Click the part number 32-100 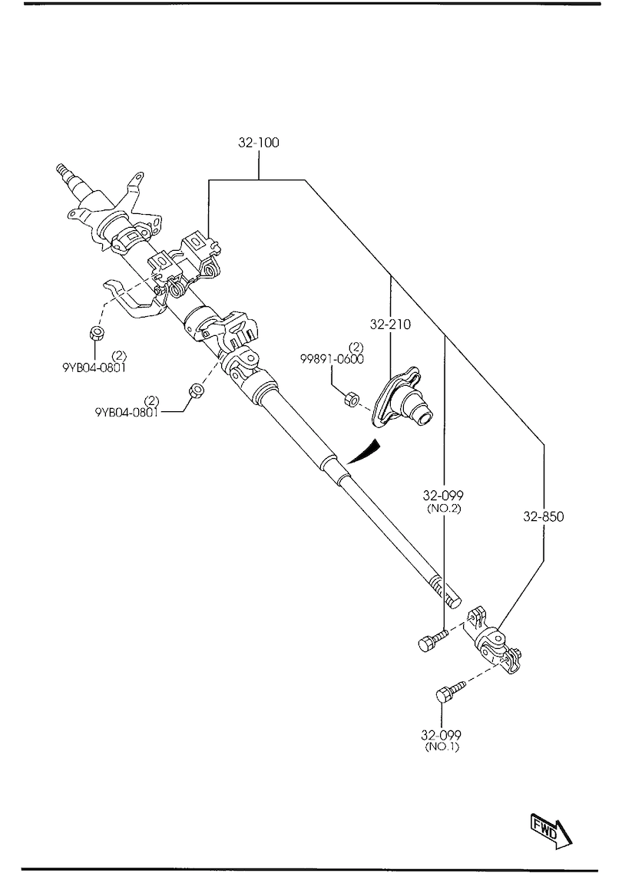coord(259,143)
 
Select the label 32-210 coord(390,324)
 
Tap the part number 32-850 coord(544,516)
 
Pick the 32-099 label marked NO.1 coord(442,735)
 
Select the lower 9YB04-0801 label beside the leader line coord(127,412)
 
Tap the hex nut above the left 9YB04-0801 coord(96,334)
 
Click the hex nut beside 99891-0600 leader coord(351,399)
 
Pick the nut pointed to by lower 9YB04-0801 coord(196,390)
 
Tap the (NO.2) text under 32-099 coord(444,509)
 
